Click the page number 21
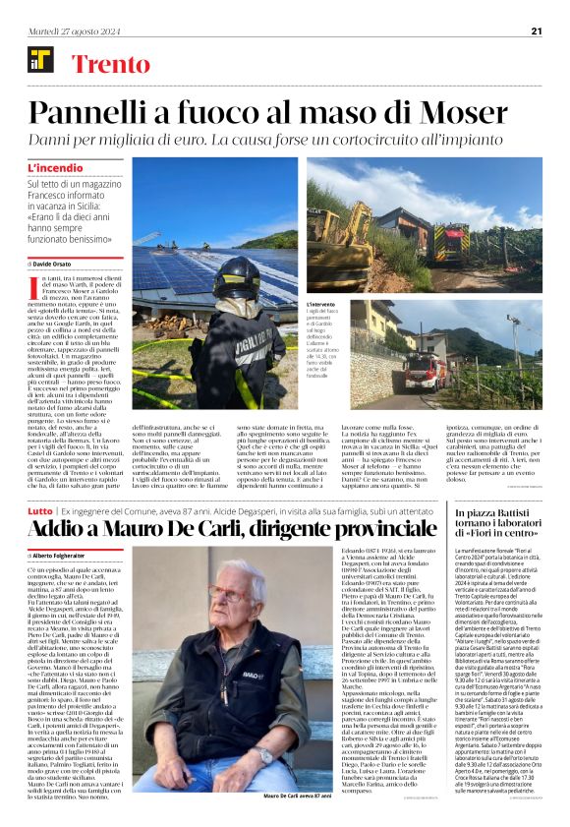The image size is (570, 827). point(537,30)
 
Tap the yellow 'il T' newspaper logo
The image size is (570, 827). point(39,64)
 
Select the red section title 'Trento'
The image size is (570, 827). point(111,65)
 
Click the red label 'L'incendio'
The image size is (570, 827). point(56,168)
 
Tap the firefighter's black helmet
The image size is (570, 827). point(236,277)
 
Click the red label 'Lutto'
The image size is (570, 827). point(39,512)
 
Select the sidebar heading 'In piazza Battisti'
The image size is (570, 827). point(498,514)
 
